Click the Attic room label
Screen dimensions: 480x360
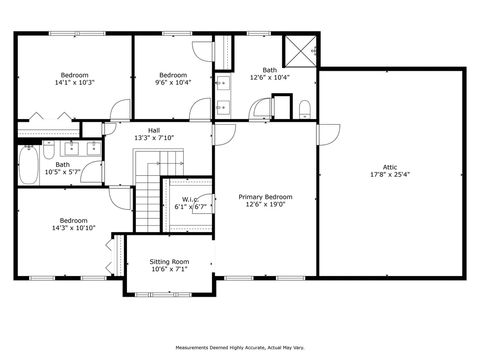tap(390, 167)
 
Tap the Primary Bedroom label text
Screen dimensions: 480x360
tap(265, 197)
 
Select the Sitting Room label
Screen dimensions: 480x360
tap(169, 262)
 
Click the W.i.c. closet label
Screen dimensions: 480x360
tap(190, 199)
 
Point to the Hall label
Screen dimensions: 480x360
tap(154, 130)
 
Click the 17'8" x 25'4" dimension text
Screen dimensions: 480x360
tap(390, 174)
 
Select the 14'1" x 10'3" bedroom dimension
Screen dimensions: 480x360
tap(75, 82)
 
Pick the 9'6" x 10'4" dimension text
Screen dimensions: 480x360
tap(173, 82)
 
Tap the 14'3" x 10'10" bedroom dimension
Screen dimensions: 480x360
tap(74, 228)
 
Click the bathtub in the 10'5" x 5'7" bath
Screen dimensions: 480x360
tap(29, 165)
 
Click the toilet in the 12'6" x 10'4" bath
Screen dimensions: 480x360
tap(305, 109)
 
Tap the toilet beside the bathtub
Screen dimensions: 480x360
tap(49, 150)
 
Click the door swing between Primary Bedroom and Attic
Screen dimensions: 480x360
tap(329, 135)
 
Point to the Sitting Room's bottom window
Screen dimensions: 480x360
tap(163, 295)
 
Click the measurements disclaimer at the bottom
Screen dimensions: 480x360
tap(240, 347)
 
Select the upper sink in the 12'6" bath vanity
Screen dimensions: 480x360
tap(223, 82)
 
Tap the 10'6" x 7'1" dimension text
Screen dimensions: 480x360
tap(169, 269)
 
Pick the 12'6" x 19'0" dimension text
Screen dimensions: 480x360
tap(266, 204)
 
